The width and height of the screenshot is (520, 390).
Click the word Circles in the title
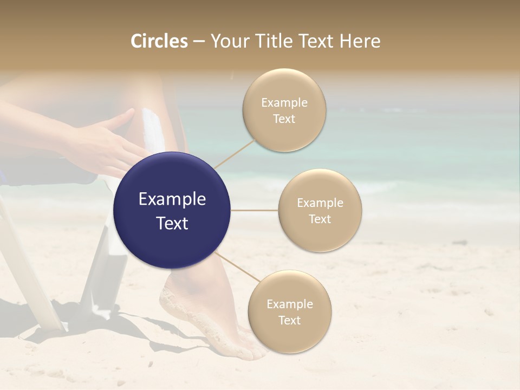159,41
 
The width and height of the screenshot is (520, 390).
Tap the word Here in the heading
360,41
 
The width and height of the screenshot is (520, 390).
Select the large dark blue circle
172,211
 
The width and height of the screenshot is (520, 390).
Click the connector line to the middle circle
255,210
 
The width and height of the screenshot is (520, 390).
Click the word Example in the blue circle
172,199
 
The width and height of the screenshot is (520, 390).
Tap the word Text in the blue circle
172,223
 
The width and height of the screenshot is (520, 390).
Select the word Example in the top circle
284,103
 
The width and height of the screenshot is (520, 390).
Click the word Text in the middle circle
320,219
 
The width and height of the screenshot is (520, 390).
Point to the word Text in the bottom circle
289,320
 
